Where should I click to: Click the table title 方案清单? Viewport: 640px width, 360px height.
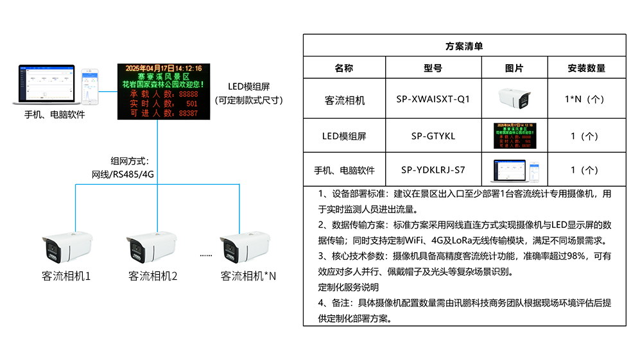click(464, 46)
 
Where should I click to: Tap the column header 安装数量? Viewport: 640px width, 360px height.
click(586, 68)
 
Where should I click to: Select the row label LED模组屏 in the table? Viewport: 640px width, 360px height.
click(344, 136)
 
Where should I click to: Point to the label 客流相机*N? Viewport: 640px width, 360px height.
click(248, 277)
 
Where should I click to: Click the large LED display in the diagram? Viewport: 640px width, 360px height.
click(164, 90)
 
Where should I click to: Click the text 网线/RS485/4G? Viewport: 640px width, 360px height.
click(123, 174)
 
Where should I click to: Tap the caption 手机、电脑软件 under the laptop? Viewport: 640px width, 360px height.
click(55, 115)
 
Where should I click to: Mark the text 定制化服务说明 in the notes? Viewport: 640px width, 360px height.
click(349, 287)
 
